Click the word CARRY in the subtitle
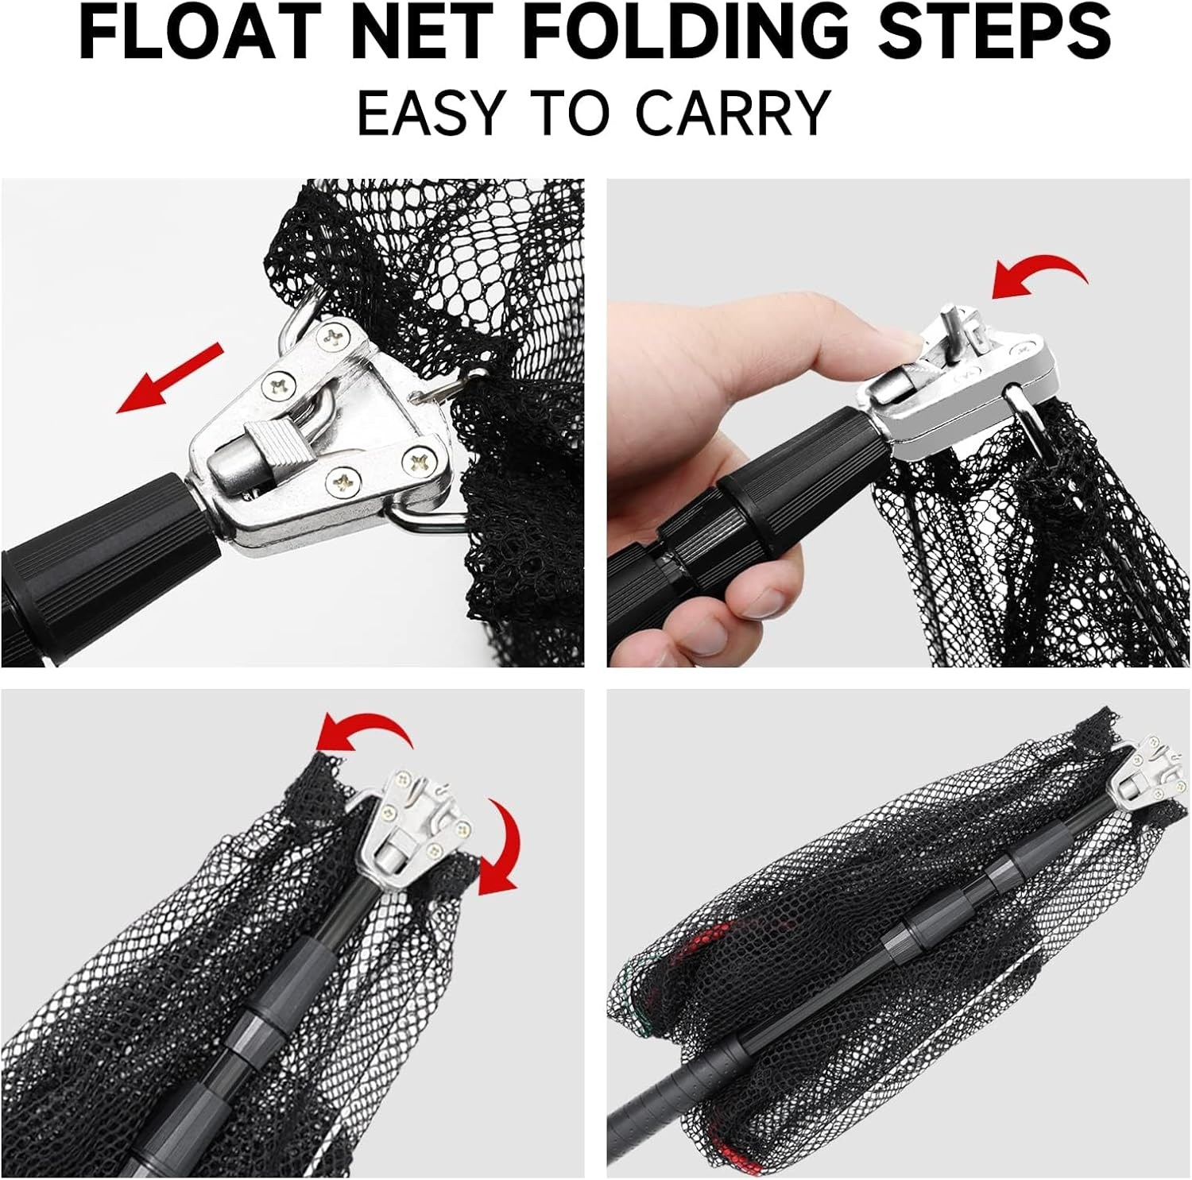(732, 114)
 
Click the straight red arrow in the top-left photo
(170, 378)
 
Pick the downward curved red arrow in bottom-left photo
(501, 846)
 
